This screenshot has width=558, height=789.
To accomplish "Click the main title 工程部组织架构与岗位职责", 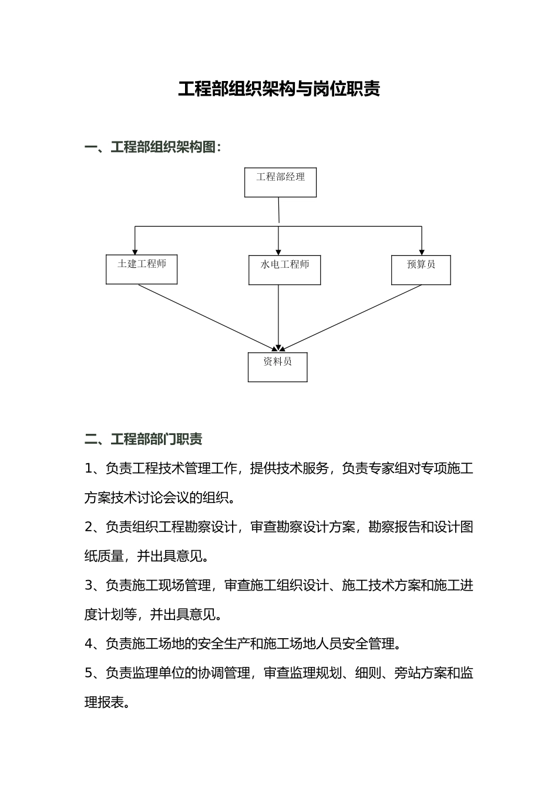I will point(279,89).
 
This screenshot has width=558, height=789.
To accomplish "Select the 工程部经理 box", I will point(280,183).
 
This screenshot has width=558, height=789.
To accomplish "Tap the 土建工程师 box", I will point(142,269).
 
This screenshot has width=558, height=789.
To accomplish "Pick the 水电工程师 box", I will point(284,270).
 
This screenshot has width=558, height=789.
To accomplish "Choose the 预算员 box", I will point(421,270).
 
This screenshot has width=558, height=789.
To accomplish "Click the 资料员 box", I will point(277,367).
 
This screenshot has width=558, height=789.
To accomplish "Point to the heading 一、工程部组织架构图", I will point(153,147).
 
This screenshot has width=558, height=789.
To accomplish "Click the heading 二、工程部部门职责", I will point(143,439).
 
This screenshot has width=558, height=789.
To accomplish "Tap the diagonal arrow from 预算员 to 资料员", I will point(352,317).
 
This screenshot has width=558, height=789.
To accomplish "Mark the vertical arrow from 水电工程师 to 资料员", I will point(278,317).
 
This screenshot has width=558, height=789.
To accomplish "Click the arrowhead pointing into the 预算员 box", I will point(422,252).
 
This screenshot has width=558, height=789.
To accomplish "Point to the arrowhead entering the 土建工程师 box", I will point(135,251).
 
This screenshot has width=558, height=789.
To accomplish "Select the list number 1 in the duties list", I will point(89,468).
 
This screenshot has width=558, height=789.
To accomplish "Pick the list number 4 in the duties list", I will point(89,644).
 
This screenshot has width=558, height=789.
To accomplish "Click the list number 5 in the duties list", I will point(89,673).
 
